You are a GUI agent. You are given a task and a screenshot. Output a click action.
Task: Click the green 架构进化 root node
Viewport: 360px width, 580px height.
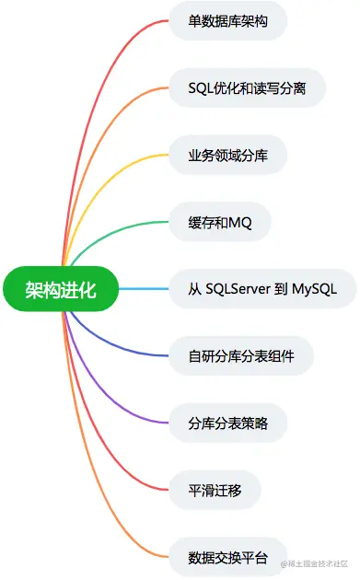click(x=61, y=290)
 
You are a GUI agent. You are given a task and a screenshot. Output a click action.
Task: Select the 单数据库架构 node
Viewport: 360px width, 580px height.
click(x=228, y=20)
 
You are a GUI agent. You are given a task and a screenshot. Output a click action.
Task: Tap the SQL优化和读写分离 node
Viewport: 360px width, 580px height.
click(x=247, y=87)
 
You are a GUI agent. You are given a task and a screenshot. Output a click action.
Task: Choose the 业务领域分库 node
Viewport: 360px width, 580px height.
click(x=228, y=155)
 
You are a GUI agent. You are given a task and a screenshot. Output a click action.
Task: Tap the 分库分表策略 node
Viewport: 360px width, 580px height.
click(x=228, y=423)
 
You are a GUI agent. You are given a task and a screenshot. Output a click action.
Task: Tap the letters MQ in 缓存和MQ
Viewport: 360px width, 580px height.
click(x=253, y=222)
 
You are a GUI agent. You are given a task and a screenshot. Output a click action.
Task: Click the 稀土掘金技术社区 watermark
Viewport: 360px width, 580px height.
click(x=319, y=563)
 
